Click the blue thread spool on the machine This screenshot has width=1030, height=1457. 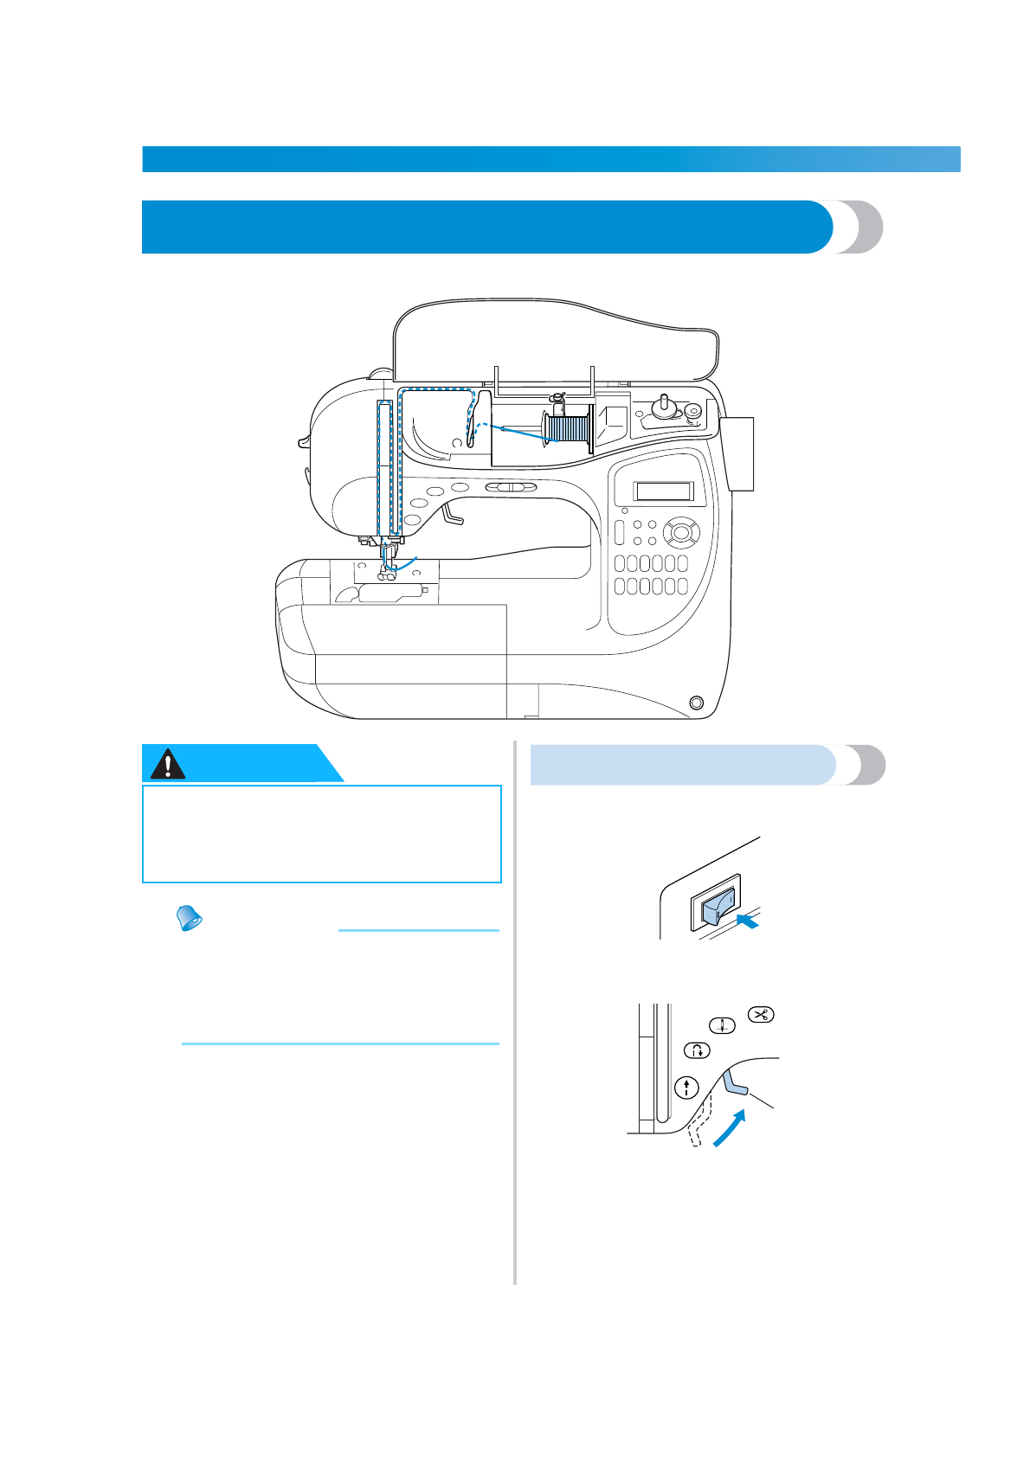(570, 429)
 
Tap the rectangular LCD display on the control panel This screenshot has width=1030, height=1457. (664, 491)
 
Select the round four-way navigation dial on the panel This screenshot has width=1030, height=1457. (681, 532)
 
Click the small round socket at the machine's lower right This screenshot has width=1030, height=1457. (696, 702)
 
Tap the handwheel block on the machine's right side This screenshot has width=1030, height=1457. (740, 453)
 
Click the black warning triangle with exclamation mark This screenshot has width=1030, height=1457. (167, 764)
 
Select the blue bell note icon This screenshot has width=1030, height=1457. (189, 918)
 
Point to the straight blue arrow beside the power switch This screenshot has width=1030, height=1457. (747, 924)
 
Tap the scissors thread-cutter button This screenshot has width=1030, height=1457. (761, 1015)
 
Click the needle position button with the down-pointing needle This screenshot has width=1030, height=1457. (722, 1026)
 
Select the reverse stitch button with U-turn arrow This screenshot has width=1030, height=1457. (697, 1051)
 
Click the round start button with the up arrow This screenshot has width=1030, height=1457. (686, 1088)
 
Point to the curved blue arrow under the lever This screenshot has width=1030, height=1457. (729, 1130)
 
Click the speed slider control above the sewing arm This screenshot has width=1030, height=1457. (511, 488)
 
